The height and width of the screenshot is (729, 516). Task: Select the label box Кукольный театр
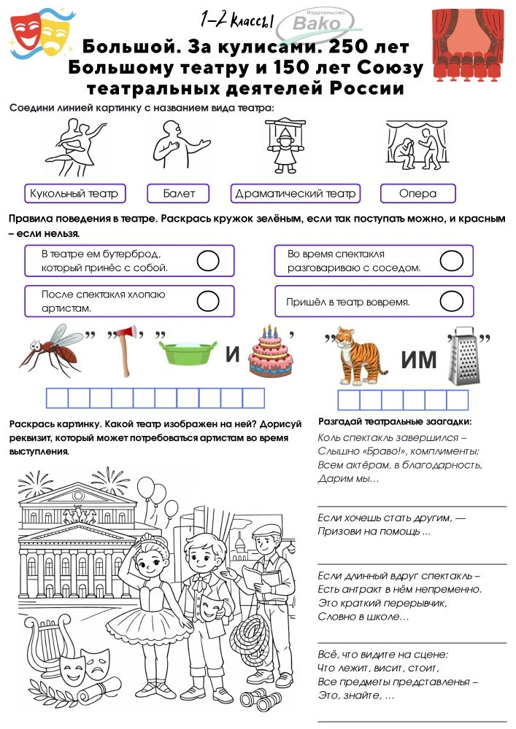[74, 194]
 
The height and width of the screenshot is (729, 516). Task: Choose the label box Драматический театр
[296, 194]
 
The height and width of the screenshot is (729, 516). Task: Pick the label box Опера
[417, 194]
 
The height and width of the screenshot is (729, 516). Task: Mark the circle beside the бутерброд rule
[209, 260]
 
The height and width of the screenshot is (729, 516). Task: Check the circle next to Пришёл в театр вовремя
[452, 301]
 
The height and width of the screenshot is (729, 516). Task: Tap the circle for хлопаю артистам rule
[209, 301]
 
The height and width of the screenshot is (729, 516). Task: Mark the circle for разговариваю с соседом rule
[452, 260]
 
